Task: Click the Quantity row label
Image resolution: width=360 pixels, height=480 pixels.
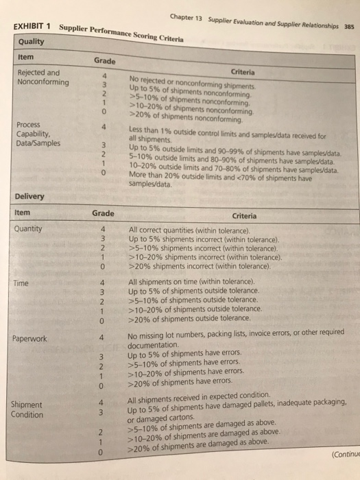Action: click(x=28, y=229)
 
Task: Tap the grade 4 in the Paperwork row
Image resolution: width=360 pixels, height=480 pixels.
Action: click(x=101, y=337)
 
